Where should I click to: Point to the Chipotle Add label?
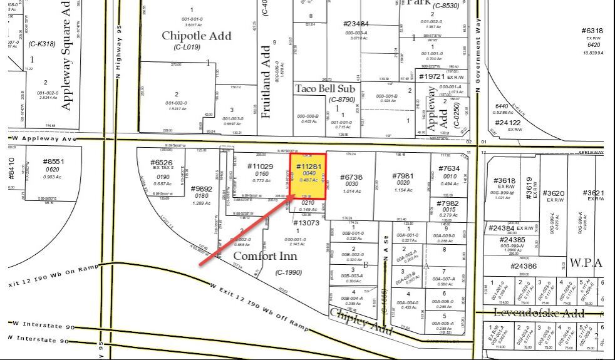pyautogui.click(x=197, y=35)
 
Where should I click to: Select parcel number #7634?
pyautogui.click(x=449, y=168)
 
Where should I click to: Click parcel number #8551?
pyautogui.click(x=53, y=162)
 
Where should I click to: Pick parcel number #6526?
pyautogui.click(x=162, y=163)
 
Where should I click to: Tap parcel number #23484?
pyautogui.click(x=356, y=24)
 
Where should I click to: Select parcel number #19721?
pyautogui.click(x=432, y=76)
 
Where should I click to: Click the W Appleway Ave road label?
pyautogui.click(x=44, y=138)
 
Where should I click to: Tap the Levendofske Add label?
pyautogui.click(x=539, y=312)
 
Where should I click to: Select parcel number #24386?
pyautogui.click(x=524, y=266)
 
